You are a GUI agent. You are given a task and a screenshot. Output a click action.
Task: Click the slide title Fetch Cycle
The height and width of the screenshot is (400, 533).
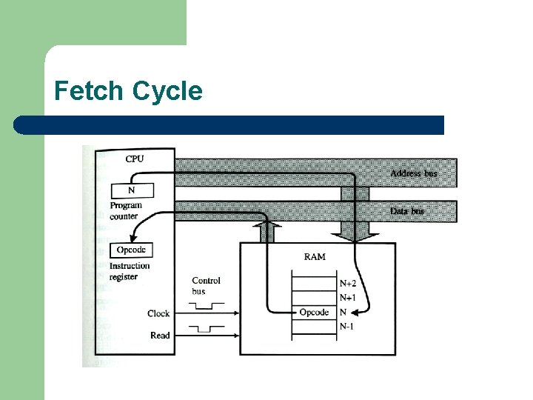128,91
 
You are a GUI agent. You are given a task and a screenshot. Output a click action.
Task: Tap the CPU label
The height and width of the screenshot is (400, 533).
135,159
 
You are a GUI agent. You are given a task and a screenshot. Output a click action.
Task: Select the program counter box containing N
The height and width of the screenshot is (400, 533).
133,190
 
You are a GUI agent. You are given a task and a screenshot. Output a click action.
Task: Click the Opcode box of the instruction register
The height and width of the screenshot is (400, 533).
131,250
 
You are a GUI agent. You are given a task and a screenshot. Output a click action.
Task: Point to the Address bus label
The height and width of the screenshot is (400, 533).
413,173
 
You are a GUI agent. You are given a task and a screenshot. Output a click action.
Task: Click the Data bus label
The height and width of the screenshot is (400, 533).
407,212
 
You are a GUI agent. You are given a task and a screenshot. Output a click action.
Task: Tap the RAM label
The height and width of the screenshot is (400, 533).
314,257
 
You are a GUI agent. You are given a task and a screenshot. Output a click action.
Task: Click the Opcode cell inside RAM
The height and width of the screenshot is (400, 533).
314,313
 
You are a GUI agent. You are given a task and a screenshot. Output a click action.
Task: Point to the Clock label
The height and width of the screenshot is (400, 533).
158,314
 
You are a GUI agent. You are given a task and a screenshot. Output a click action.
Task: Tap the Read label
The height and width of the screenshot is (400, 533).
160,336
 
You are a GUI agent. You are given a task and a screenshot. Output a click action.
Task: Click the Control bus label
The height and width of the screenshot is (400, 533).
206,286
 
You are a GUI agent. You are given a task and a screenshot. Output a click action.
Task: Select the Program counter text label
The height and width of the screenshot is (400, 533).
126,210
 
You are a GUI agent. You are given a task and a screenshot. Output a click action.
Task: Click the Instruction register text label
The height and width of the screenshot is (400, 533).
130,271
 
